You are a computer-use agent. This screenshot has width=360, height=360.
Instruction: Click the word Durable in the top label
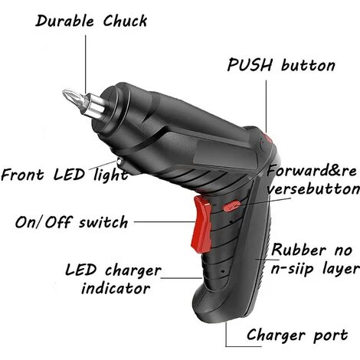[x=65, y=21]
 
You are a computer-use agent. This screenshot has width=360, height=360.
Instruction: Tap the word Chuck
[x=125, y=21]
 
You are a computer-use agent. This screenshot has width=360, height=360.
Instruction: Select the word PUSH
[x=250, y=65]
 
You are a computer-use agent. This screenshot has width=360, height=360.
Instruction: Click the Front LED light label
[x=64, y=175]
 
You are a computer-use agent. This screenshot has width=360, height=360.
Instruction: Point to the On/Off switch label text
[x=71, y=222]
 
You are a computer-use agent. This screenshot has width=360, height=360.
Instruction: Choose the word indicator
[x=116, y=288]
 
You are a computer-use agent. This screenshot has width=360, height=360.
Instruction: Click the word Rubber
[x=299, y=250]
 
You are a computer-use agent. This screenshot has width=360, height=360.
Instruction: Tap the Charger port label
[x=297, y=335]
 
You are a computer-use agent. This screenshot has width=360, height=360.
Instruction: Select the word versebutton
[x=313, y=189]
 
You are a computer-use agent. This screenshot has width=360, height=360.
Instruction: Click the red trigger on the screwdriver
[x=201, y=224]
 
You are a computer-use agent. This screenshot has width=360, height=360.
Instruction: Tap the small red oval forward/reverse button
[x=232, y=206]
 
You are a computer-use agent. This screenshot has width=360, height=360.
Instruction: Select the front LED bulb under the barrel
[x=120, y=162]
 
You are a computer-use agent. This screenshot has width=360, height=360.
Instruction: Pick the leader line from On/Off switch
[x=164, y=221]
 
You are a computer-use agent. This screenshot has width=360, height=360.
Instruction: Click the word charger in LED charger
[x=133, y=270]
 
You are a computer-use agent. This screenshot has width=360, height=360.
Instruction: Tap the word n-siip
[x=292, y=269]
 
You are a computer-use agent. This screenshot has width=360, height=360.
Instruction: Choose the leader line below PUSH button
[x=266, y=106]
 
